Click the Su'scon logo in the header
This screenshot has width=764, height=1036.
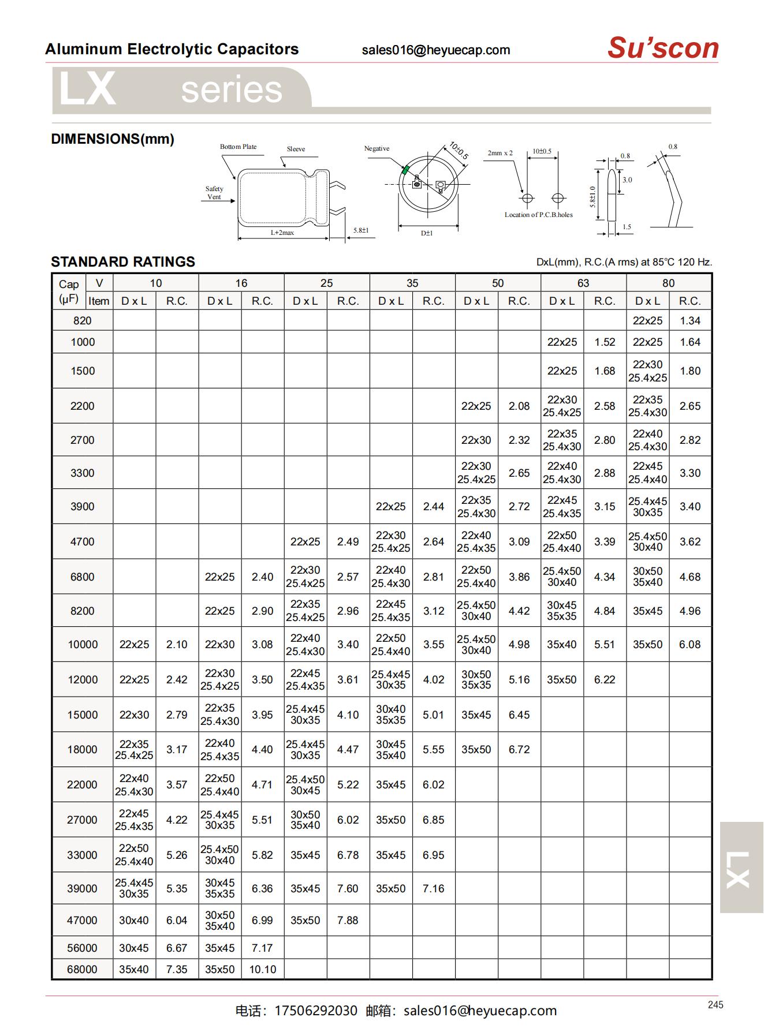(662, 48)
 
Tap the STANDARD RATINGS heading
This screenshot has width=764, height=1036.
(123, 261)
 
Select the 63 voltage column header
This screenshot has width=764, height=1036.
(583, 283)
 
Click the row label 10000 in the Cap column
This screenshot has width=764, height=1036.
(83, 644)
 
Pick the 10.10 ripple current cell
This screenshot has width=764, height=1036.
(262, 969)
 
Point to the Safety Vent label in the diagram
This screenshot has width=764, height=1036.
(214, 193)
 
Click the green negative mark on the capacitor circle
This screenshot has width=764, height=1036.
(405, 170)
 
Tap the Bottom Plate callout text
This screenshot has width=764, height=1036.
(238, 147)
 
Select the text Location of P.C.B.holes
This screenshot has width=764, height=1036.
(538, 215)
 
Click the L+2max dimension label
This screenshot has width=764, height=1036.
(282, 233)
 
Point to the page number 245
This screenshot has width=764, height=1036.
(715, 1005)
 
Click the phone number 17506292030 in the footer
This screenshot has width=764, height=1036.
(316, 1011)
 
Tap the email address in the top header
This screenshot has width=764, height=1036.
(436, 50)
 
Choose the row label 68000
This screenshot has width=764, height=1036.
(82, 969)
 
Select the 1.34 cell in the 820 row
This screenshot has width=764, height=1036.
(690, 320)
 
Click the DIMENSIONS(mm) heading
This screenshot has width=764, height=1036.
(113, 139)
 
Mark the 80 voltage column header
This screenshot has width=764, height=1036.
(668, 283)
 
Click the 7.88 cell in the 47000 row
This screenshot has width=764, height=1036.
(348, 920)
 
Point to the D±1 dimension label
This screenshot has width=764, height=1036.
(427, 233)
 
